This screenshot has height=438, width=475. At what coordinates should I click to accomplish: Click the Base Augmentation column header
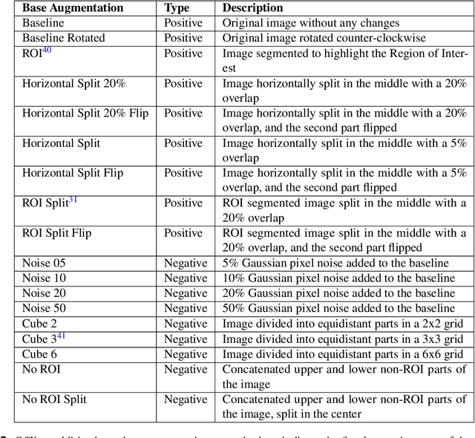point(73,8)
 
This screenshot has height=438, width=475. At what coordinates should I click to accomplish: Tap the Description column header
point(252,8)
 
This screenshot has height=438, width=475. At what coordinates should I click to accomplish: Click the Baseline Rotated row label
point(64,38)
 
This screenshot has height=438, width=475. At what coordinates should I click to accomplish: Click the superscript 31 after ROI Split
point(73,200)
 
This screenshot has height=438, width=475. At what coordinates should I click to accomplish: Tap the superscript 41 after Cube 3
point(62,336)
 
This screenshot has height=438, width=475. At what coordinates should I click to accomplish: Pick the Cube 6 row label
point(39,354)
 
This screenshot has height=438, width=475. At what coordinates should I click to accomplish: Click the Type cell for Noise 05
point(186,263)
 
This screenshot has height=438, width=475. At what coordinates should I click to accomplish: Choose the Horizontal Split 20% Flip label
point(85,114)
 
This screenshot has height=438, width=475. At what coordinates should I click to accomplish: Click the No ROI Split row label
point(54,399)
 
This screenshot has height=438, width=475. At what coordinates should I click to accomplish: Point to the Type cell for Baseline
point(183,23)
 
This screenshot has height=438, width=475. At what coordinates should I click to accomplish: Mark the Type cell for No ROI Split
point(186,399)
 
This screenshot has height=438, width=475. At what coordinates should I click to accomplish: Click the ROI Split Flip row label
point(57,233)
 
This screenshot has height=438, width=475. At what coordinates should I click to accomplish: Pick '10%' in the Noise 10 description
point(235,278)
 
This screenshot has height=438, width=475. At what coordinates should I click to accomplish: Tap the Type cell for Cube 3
point(186,339)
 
